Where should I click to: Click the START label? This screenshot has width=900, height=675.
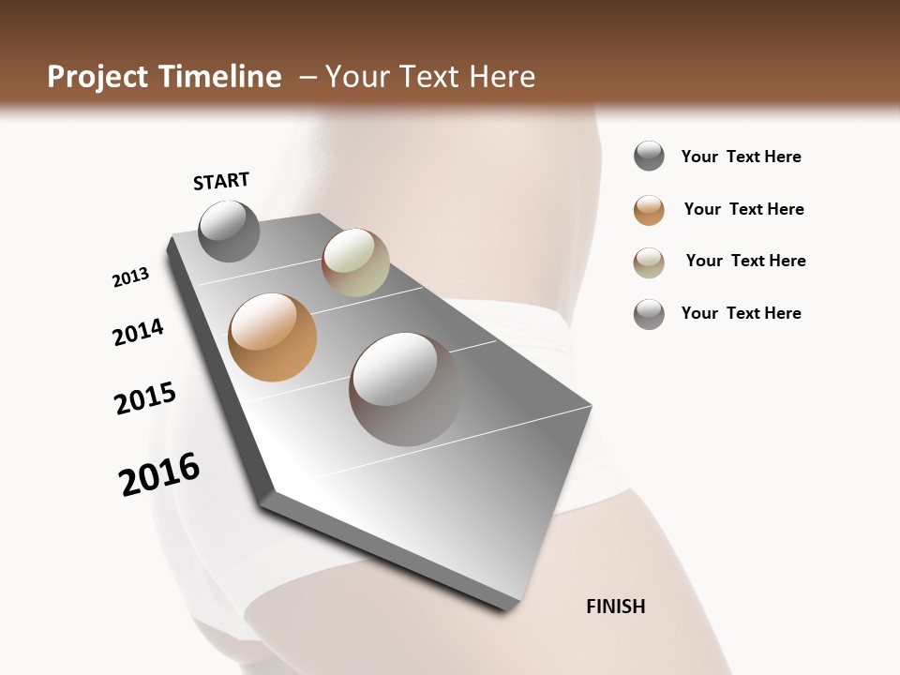pos(221,181)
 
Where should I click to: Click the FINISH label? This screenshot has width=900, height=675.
pos(615,607)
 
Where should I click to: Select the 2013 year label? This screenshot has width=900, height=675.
pos(130,277)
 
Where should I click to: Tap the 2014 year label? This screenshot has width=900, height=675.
pos(138,332)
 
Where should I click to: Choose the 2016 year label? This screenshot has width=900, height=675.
pos(159,473)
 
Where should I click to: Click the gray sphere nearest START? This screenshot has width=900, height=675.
pos(229,232)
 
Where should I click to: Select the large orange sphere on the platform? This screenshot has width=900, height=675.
pos(272,337)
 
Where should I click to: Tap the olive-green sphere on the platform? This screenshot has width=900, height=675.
pos(355,262)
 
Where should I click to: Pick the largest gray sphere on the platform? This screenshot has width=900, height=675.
pos(405,388)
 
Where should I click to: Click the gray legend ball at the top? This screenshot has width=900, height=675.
pos(649,156)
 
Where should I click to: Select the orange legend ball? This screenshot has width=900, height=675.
pos(649,210)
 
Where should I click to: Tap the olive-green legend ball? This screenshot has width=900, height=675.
pos(649,262)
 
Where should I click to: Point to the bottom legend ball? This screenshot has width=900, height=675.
pos(649,314)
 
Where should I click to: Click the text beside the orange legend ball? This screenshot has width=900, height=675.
pos(743,209)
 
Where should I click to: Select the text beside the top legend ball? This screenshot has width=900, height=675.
pos(741,157)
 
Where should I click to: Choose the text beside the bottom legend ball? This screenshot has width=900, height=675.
pos(741,313)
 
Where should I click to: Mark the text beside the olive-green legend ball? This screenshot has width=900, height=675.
pos(745,261)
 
